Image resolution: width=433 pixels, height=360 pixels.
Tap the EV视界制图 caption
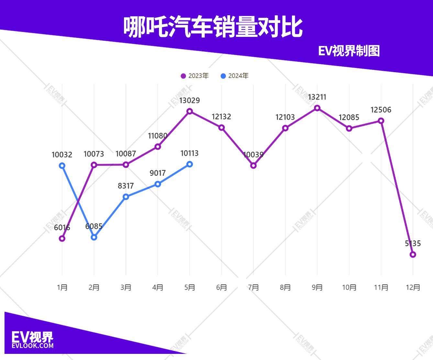click(x=349, y=51)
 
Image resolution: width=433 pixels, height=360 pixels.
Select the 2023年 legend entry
click(x=195, y=76)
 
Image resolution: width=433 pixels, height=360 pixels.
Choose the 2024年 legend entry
click(x=235, y=76)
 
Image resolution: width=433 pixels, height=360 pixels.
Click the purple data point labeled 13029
click(x=190, y=112)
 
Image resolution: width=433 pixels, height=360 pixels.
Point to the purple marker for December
click(x=413, y=255)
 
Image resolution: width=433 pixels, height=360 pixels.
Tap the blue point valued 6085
click(x=94, y=237)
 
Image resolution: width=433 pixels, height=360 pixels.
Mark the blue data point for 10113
click(x=190, y=164)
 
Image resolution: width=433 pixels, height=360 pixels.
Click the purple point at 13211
click(x=317, y=108)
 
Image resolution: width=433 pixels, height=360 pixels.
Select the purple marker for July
click(x=253, y=166)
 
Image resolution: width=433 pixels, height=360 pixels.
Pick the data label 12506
click(x=381, y=110)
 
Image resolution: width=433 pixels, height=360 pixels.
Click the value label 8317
click(x=126, y=186)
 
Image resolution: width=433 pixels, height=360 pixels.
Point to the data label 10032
click(x=62, y=155)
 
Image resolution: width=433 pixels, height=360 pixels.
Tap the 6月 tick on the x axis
click(x=221, y=287)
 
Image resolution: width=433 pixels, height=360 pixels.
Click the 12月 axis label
click(x=413, y=287)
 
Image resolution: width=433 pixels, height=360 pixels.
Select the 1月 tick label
click(x=62, y=287)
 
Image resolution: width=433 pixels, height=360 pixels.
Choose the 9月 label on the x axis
click(x=317, y=287)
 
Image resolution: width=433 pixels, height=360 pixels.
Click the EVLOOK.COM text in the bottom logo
click(x=32, y=346)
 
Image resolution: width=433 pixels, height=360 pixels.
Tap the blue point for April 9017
click(x=158, y=184)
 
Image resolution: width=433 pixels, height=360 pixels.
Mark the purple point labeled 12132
click(x=221, y=128)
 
